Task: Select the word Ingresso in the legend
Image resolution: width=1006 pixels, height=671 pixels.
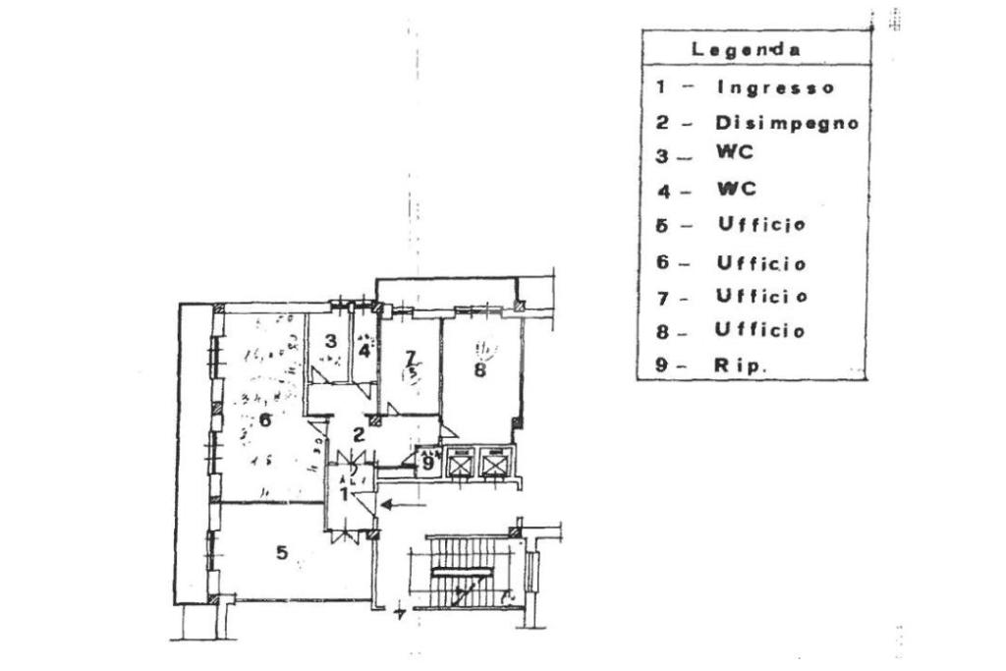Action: point(776,87)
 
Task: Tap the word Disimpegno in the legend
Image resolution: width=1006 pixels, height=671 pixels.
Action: point(787,124)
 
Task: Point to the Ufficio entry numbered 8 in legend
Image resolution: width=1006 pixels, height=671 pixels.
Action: point(760,330)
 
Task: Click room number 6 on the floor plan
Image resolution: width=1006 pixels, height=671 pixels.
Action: point(264,420)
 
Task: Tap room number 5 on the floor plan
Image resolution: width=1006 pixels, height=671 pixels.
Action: point(282,554)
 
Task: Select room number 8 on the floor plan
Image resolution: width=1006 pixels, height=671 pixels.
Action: point(479,370)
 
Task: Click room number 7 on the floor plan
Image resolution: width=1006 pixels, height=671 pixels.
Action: point(411,357)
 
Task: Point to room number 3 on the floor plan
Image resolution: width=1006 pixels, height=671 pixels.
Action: point(331,341)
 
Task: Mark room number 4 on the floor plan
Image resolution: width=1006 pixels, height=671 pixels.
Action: point(364,349)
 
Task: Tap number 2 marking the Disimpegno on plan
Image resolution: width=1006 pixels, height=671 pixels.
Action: point(360,433)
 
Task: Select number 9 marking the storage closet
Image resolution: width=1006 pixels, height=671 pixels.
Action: point(428,460)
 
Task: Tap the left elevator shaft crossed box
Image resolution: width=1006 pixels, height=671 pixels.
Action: point(460,462)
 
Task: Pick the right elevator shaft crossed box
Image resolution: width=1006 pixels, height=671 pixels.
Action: point(493,462)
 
